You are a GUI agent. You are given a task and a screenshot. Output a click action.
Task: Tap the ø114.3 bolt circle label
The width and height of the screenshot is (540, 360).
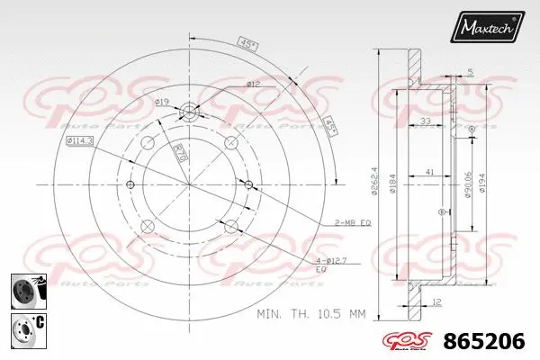(x=78, y=141)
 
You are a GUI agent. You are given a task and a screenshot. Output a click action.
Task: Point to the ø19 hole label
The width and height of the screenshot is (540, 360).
(x=163, y=101)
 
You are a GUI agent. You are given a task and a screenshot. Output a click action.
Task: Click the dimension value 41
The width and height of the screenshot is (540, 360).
(x=432, y=171)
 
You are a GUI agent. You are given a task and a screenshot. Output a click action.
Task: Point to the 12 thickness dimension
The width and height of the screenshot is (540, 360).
(x=435, y=301)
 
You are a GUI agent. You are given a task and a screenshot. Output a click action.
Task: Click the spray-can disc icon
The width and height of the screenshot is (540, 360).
(x=24, y=291)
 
